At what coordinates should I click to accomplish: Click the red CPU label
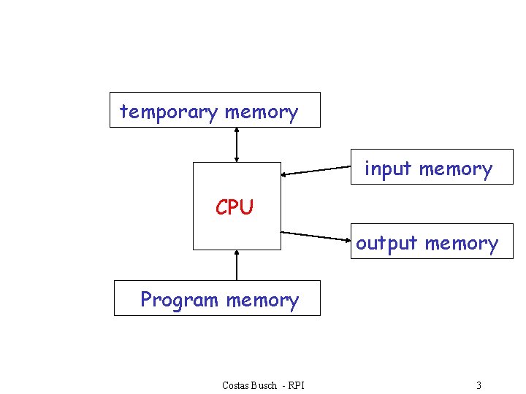point(234,208)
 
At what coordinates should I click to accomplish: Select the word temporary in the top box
point(169,112)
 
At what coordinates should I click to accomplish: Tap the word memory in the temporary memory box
point(262,112)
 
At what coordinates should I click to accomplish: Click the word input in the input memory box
point(388,169)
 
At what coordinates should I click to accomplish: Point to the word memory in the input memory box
point(455,169)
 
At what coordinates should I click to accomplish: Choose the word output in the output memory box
point(386,244)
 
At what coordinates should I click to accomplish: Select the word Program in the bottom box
point(179,300)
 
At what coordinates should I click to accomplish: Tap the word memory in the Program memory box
point(262,300)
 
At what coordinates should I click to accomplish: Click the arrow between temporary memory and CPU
point(236,144)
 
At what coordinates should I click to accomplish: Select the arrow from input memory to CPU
point(316,171)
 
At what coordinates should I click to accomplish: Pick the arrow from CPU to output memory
point(316,236)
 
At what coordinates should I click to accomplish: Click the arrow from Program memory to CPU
point(236,265)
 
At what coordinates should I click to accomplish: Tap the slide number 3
point(479,385)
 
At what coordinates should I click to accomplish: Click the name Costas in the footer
point(236,385)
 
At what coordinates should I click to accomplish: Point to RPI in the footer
point(296,385)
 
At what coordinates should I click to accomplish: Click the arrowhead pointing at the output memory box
point(346,239)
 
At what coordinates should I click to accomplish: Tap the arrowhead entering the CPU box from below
point(236,253)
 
